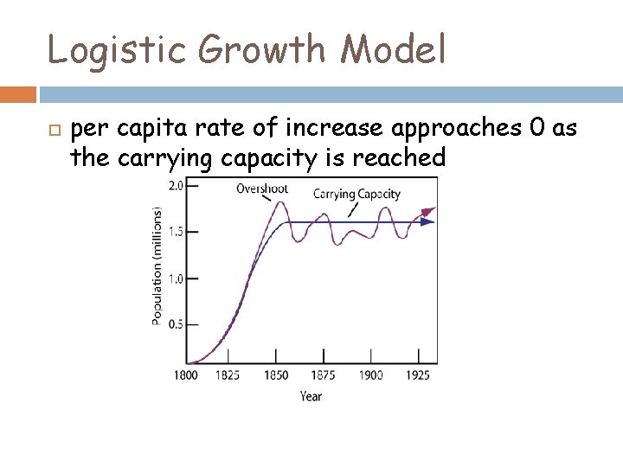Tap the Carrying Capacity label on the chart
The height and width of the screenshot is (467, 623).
(356, 194)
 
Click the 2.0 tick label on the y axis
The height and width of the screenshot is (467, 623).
(175, 185)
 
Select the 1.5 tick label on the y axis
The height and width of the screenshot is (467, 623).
(175, 232)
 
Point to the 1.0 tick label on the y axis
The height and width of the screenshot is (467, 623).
(175, 278)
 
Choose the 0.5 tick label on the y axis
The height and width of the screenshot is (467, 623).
(175, 324)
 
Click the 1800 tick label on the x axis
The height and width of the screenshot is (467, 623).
(186, 375)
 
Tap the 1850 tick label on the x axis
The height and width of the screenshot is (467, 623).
(276, 375)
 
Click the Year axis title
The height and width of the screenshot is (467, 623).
(311, 396)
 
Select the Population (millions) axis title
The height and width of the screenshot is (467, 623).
(157, 265)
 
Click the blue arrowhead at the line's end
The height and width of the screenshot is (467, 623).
(427, 221)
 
